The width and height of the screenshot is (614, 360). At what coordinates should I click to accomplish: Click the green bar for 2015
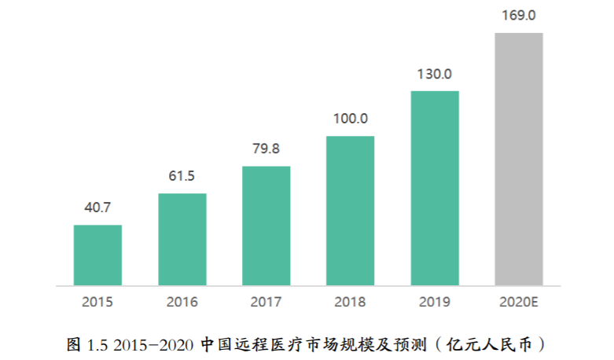(98, 255)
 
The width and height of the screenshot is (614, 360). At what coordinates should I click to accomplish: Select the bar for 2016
(182, 239)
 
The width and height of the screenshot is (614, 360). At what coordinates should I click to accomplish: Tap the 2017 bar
(267, 226)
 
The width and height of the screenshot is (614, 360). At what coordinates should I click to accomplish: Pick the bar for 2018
(351, 211)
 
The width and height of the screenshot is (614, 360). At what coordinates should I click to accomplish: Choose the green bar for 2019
(435, 188)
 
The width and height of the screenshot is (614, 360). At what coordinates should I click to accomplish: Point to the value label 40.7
(98, 208)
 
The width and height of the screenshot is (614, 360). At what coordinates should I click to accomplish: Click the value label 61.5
(182, 175)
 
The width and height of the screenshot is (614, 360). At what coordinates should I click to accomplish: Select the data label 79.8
(267, 149)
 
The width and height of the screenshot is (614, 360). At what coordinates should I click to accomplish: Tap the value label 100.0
(351, 119)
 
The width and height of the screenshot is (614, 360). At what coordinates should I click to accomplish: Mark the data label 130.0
(435, 74)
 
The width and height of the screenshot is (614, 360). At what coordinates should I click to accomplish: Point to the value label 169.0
(519, 15)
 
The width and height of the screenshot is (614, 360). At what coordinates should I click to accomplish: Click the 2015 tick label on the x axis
(98, 301)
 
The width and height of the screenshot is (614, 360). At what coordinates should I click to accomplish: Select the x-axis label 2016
(182, 301)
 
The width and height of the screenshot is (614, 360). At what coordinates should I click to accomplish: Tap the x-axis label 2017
(267, 301)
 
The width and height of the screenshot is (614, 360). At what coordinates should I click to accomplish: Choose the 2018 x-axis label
(351, 301)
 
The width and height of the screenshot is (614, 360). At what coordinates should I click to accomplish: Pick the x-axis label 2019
(435, 301)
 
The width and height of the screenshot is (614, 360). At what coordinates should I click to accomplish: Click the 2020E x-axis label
(519, 301)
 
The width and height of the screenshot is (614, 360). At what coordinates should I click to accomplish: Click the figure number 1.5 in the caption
(97, 343)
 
